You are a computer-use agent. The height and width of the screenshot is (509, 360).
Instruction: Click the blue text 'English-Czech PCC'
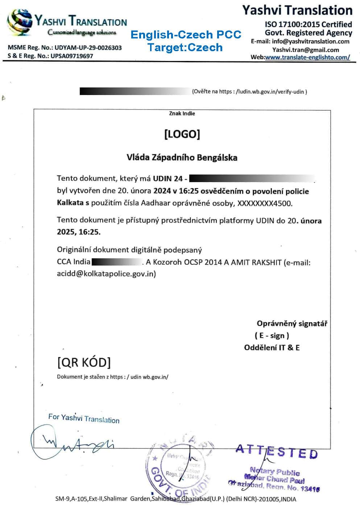coord(186,35)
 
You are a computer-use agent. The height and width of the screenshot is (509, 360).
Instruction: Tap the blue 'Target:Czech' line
coord(185,47)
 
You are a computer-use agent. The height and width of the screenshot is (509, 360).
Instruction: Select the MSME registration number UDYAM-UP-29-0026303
coord(88,48)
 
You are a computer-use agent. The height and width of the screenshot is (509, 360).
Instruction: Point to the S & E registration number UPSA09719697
coord(72,56)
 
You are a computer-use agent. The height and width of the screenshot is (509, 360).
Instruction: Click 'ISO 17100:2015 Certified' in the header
coord(308,24)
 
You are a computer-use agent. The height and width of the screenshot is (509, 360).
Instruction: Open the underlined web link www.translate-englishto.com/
coord(308,57)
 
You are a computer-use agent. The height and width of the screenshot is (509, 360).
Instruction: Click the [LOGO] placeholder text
coord(182,134)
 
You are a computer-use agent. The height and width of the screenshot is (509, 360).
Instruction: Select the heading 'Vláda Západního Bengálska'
coord(182,157)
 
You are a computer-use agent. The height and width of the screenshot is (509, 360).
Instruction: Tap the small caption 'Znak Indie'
coord(182,114)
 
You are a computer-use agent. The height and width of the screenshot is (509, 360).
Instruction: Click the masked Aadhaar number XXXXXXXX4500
coord(264,203)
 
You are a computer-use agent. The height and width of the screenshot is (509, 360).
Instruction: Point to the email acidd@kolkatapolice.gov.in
coord(106,274)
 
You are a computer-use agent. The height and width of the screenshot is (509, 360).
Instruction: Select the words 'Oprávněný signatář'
coord(292,323)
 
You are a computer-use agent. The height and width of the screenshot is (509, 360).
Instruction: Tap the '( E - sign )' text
coord(272,336)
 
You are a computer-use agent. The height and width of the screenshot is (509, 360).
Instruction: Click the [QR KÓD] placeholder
coord(84,362)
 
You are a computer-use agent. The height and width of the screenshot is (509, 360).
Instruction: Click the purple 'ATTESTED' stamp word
coord(277,452)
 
